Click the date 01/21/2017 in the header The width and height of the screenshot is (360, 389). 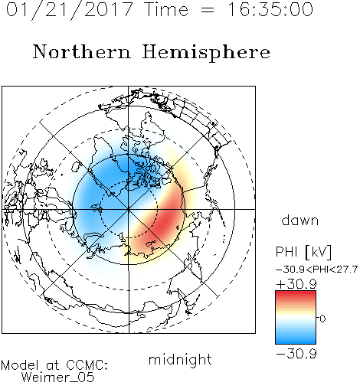click(x=70, y=10)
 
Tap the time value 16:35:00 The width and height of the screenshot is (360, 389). click(x=270, y=9)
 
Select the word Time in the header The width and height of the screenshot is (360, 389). click(x=166, y=9)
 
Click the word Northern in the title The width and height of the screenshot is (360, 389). click(x=82, y=51)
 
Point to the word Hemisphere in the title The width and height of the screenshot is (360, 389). click(x=206, y=53)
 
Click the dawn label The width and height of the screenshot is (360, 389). click(x=300, y=220)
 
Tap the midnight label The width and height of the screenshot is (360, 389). click(x=180, y=359)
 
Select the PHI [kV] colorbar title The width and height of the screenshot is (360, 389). click(x=303, y=252)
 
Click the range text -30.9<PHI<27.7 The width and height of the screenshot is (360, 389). click(x=316, y=270)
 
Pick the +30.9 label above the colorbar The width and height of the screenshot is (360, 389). click(x=296, y=284)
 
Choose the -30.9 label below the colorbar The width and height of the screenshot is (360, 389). click(x=296, y=354)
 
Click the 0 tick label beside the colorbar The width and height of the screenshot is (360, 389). click(x=322, y=319)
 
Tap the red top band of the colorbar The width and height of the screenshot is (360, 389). click(x=296, y=295)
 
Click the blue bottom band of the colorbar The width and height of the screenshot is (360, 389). click(x=296, y=340)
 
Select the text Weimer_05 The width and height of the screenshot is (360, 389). click(x=58, y=378)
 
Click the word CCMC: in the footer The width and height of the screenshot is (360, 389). click(x=87, y=365)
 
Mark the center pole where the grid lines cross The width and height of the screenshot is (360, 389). click(x=129, y=209)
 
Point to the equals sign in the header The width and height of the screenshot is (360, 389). click(x=208, y=10)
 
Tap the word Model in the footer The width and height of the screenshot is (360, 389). click(x=21, y=365)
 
